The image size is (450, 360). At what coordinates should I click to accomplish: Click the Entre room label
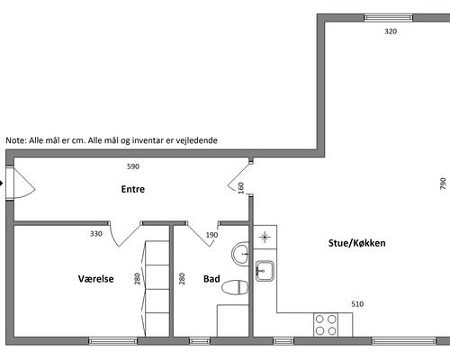tap(133, 189)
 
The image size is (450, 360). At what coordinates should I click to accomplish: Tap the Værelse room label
tap(96, 279)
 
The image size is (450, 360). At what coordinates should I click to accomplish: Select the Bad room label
tap(211, 279)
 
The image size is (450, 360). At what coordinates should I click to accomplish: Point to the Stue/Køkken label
tap(357, 243)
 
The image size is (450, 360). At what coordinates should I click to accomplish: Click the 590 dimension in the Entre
tap(133, 166)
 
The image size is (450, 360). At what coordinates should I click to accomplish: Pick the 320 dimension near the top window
tap(391, 31)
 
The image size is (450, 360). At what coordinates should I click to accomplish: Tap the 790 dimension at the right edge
tap(443, 184)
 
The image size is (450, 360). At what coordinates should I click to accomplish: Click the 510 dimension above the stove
tap(357, 304)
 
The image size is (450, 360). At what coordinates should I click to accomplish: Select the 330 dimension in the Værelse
tap(96, 234)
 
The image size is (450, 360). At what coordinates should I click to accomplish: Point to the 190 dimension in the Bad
tap(211, 235)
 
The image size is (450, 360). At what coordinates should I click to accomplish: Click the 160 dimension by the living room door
tap(241, 188)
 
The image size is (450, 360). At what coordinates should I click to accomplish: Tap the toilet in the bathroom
tap(235, 288)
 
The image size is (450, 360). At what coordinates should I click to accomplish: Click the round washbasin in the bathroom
tap(240, 254)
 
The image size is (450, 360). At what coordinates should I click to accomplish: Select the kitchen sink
tap(265, 271)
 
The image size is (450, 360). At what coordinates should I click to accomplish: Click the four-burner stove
tap(326, 325)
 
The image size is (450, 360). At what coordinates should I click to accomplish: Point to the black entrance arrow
tap(1, 183)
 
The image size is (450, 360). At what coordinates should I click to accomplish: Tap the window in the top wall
tap(389, 18)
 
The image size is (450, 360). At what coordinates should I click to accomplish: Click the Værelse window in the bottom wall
tap(112, 341)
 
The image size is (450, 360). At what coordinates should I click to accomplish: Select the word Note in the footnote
tap(16, 140)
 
